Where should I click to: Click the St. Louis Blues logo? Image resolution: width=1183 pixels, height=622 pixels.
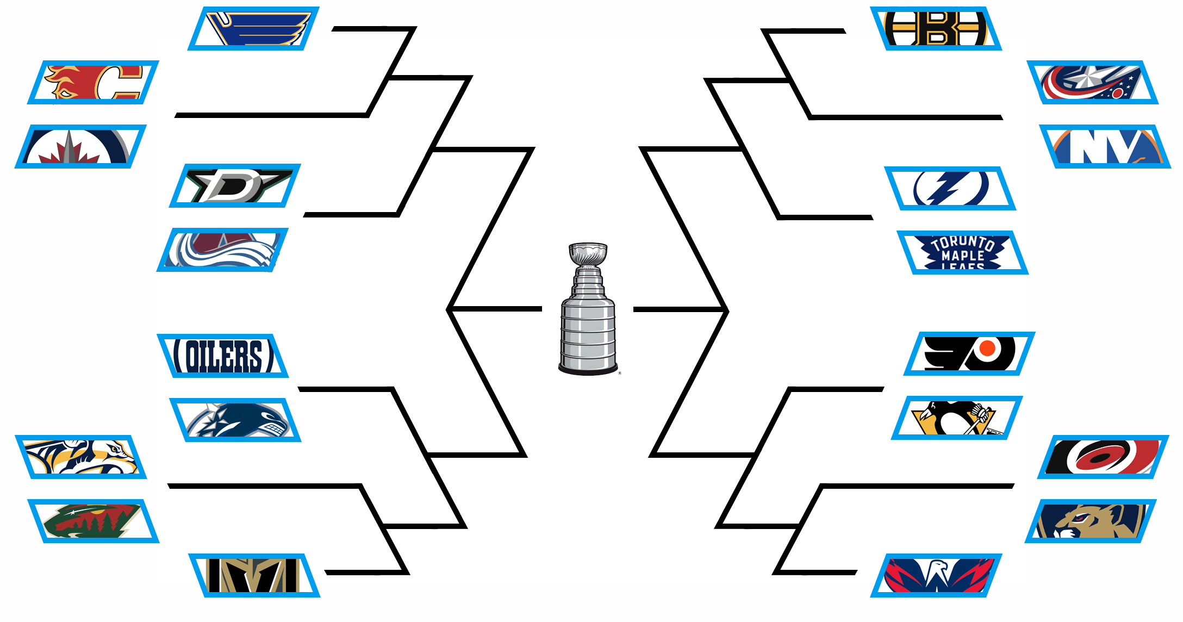[x=253, y=29]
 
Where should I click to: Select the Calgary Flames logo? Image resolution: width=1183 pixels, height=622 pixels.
[x=93, y=82]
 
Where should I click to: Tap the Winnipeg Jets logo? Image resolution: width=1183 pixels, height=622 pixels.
[x=80, y=146]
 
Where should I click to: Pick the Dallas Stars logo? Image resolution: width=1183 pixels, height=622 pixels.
[x=235, y=185]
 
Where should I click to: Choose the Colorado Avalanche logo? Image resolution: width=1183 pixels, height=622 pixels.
[x=222, y=250]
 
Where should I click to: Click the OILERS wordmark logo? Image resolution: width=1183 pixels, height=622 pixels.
[x=222, y=356]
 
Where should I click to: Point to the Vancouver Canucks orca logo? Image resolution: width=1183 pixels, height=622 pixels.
[x=235, y=420]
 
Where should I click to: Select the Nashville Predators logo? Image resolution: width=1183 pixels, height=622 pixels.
[x=80, y=457]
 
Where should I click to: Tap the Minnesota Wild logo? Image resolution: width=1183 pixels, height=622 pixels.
[x=93, y=521]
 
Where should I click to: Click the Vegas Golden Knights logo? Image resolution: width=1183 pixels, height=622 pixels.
[x=254, y=575]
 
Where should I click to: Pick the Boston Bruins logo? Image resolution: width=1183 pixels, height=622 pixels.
[x=936, y=29]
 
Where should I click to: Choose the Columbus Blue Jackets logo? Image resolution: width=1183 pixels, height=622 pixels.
[x=1092, y=82]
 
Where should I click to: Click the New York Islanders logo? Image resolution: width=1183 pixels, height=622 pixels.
[x=1105, y=146]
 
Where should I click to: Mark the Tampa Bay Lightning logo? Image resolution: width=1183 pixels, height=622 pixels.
[x=950, y=188]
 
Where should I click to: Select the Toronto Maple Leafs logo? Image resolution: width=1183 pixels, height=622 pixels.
[x=962, y=252]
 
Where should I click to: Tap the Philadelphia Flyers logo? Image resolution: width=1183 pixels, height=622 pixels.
[x=969, y=353]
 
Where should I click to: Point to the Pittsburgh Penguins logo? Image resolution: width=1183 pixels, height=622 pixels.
[x=957, y=418]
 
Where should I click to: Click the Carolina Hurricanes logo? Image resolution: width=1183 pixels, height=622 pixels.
[x=1103, y=457]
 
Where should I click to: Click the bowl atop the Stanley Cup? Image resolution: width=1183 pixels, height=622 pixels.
[x=588, y=253]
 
